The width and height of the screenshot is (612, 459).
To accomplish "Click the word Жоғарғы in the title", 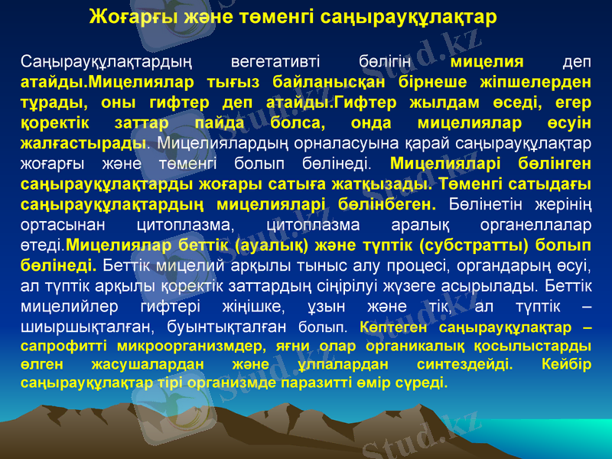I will tap(126, 16).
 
